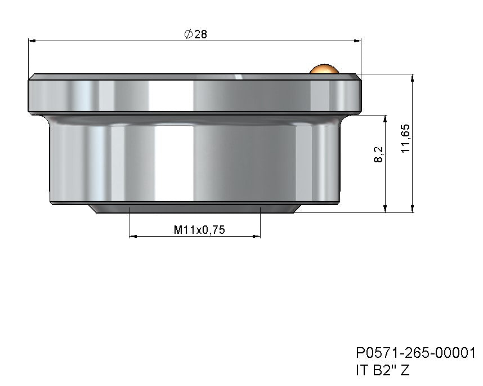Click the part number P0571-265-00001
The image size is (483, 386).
pos(415,353)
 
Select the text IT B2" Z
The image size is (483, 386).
pos(382,370)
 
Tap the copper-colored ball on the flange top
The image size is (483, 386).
pos(323,69)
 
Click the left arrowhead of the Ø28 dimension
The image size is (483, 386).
pos(32,41)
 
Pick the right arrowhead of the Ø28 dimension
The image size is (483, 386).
pos(357,41)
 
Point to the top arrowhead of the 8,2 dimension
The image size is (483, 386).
pos(386,119)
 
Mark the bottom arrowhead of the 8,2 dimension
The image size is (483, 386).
pos(386,209)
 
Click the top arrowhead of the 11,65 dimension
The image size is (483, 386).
pos(413,78)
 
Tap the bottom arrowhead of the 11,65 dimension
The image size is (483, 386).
pos(413,209)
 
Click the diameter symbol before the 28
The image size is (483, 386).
pos(188,34)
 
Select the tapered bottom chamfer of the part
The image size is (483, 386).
pos(194,208)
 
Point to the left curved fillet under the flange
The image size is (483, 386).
pos(45,118)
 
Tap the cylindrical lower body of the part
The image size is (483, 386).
pos(194,161)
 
